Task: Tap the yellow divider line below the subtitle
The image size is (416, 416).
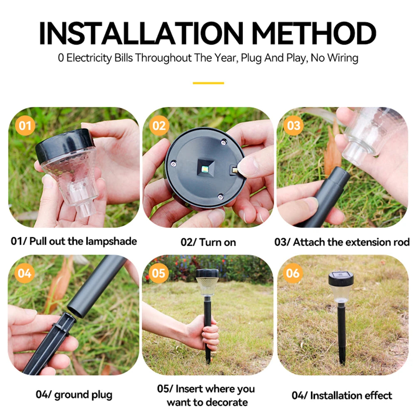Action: (208, 83)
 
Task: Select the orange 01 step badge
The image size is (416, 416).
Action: (25, 125)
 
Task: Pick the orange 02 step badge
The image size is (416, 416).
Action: (159, 125)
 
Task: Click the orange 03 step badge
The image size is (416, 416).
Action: (293, 125)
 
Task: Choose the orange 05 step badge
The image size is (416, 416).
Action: (159, 273)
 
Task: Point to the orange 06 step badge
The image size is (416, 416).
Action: (293, 273)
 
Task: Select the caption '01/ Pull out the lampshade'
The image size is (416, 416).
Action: (74, 241)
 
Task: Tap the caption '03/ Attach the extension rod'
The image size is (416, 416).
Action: (342, 242)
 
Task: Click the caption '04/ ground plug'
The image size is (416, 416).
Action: (74, 394)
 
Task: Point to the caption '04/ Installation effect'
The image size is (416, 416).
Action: (342, 395)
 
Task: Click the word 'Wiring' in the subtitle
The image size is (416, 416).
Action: (342, 57)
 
